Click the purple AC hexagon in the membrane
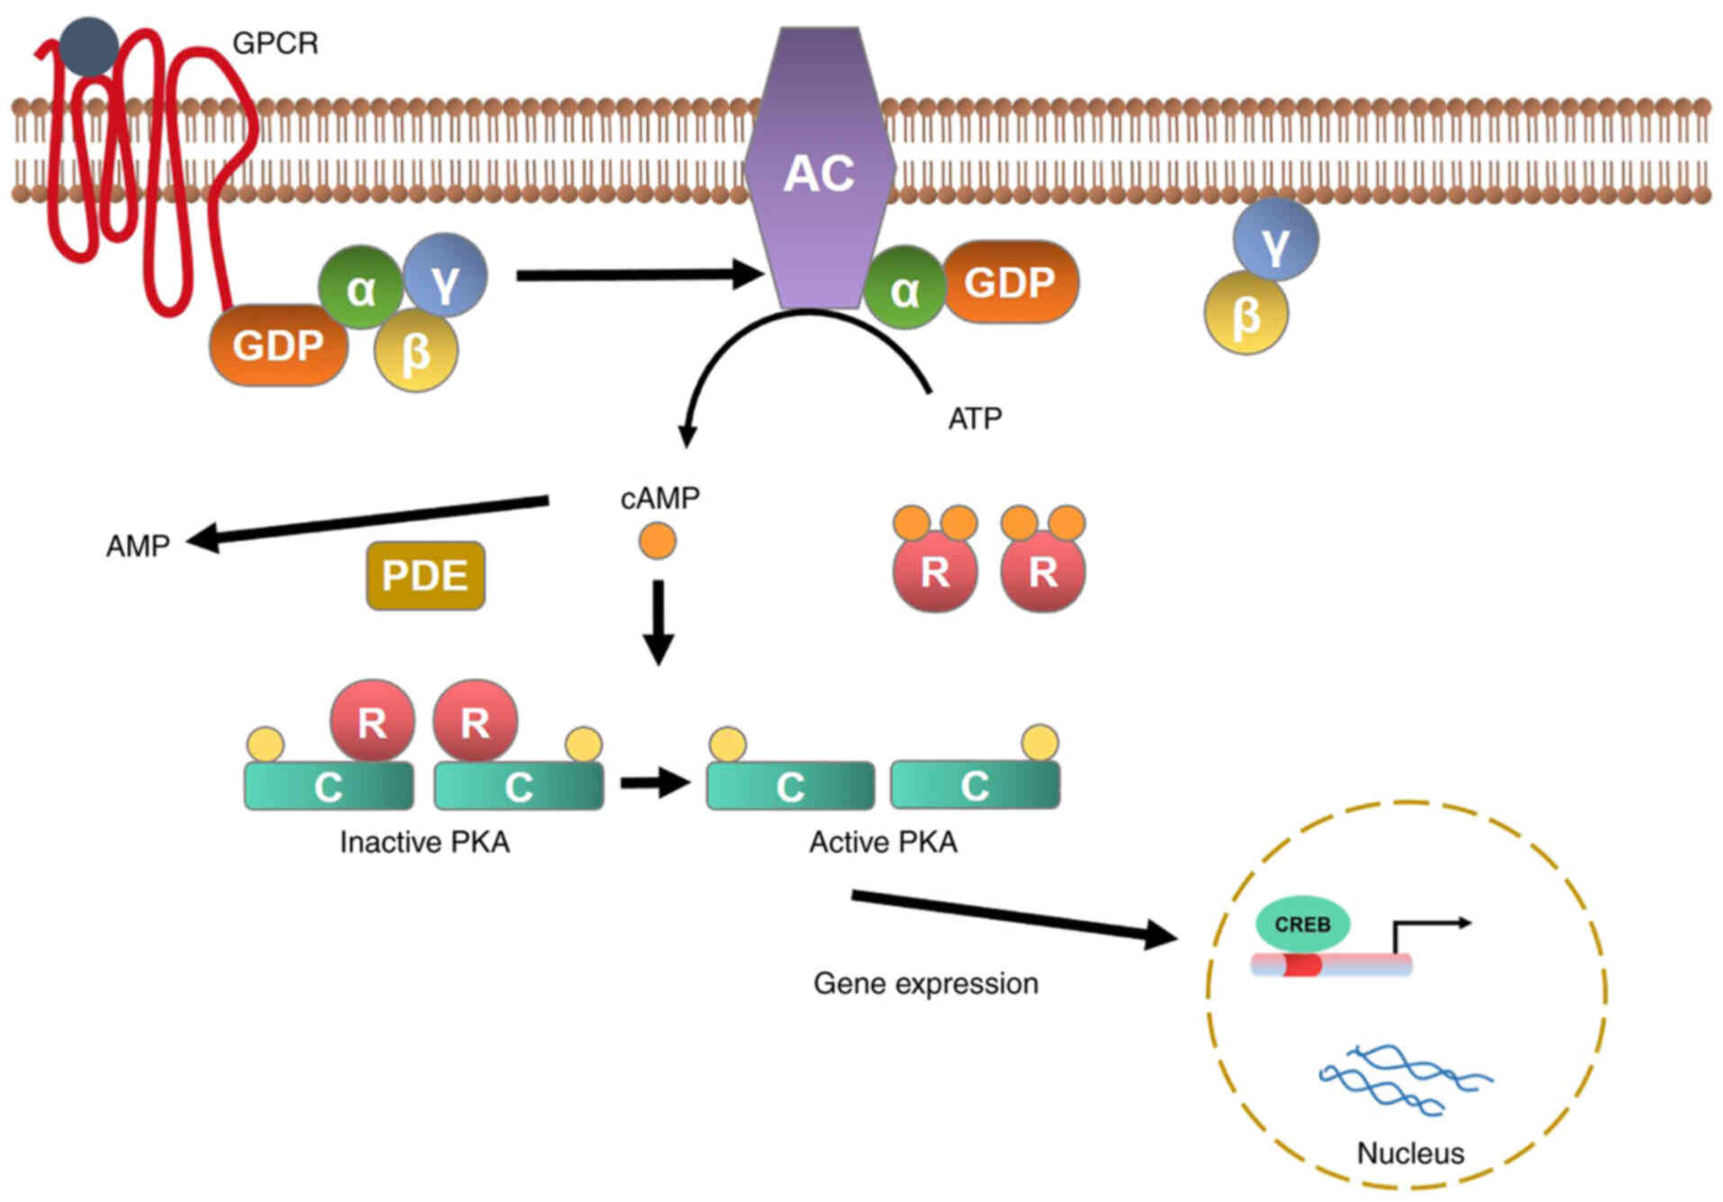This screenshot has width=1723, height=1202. pyautogui.click(x=819, y=171)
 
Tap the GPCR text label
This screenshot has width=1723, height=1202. pyautogui.click(x=275, y=43)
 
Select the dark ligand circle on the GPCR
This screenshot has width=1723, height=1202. pyautogui.click(x=88, y=46)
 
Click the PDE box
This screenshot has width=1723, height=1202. pyautogui.click(x=425, y=575)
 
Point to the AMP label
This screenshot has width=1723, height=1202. pyautogui.click(x=138, y=546)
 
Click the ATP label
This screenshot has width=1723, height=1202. pyautogui.click(x=975, y=419)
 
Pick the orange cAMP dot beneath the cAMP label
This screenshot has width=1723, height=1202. pyautogui.click(x=657, y=541)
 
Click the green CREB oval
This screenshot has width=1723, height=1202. pyautogui.click(x=1302, y=925)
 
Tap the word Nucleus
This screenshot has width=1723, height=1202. pyautogui.click(x=1410, y=1153)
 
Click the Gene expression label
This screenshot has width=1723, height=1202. pyautogui.click(x=925, y=983)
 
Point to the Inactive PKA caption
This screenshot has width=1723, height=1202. pyautogui.click(x=424, y=842)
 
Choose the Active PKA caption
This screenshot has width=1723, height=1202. pyautogui.click(x=883, y=842)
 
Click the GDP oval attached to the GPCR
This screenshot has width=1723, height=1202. pyautogui.click(x=278, y=345)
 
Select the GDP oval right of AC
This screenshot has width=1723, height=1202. pyautogui.click(x=1010, y=282)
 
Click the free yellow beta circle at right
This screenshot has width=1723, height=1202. pyautogui.click(x=1246, y=314)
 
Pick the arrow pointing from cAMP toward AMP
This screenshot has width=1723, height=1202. pyautogui.click(x=369, y=520)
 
